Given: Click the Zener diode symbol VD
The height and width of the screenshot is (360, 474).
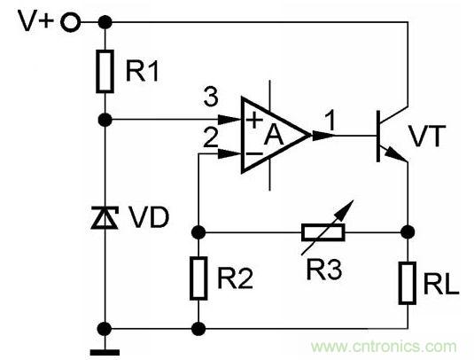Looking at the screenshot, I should [105, 215].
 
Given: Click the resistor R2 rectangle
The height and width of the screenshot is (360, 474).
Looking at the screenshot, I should [197, 278].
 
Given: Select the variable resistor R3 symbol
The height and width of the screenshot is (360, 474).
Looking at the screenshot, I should [320, 232].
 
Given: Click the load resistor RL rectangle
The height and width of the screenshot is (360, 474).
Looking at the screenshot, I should [407, 282].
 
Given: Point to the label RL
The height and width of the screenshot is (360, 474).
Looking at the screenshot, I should [440, 283].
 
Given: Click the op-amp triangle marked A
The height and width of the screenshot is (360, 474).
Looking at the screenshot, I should [275, 135].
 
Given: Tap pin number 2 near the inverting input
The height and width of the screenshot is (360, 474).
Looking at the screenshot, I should [209, 136].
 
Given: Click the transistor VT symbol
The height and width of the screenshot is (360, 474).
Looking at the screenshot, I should [387, 135].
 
